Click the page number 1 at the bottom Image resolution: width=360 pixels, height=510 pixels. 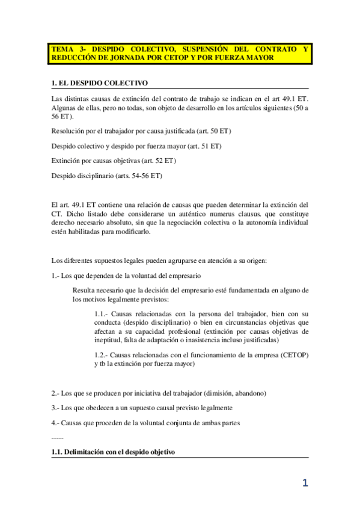pos(305,483)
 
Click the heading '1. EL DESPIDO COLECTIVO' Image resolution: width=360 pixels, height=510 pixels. pos(99,82)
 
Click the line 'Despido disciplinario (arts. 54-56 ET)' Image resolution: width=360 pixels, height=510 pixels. pos(107,176)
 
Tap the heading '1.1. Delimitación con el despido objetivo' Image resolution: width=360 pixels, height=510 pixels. pos(113,452)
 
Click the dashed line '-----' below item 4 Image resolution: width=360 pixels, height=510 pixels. pos(58,437)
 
